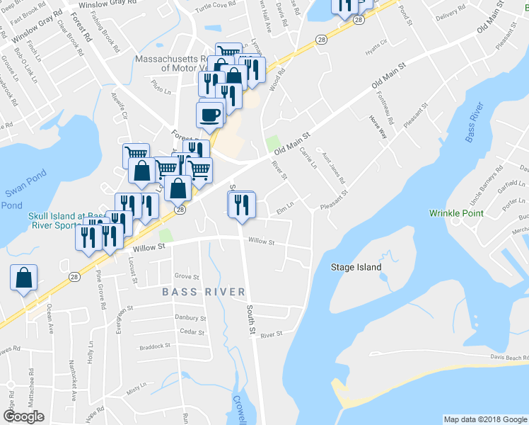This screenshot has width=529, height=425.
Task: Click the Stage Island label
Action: tap(356, 267)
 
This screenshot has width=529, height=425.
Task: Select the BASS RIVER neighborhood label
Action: tap(203, 292)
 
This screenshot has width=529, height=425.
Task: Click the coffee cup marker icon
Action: tap(209, 115)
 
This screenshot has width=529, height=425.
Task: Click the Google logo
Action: tap(23, 416)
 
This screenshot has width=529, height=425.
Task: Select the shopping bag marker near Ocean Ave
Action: tap(23, 278)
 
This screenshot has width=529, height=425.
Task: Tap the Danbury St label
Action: tap(191, 319)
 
